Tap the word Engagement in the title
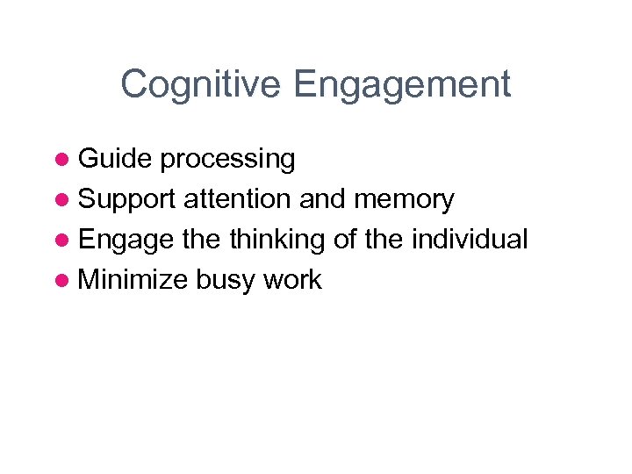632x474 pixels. [x=403, y=85]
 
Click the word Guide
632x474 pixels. [x=116, y=159]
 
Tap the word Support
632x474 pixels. [x=127, y=200]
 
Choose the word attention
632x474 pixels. [x=238, y=199]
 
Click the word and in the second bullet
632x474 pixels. [x=322, y=199]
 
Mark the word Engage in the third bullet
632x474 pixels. [x=125, y=241]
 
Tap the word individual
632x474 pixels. [x=478, y=240]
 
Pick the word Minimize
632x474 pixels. [x=133, y=280]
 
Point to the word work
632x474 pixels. [x=293, y=280]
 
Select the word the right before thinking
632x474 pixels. [x=202, y=240]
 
